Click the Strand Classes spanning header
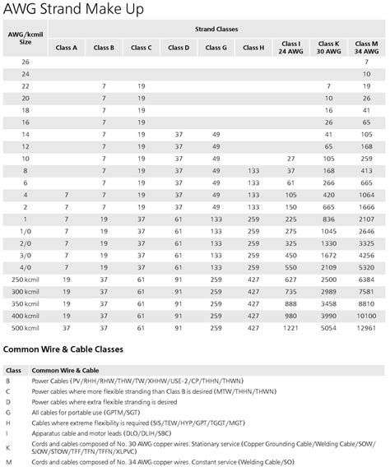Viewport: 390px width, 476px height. click(216, 29)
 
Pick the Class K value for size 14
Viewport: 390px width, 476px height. click(328, 133)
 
